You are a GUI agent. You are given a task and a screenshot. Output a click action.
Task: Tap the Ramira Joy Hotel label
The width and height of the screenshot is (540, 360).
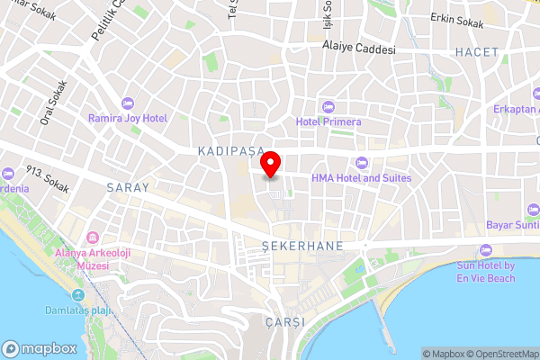pos(127,119)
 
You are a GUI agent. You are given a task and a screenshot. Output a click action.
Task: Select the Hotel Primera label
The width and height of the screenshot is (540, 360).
pos(328,121)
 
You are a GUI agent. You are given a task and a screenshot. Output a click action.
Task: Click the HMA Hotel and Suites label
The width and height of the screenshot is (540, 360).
pos(361,178)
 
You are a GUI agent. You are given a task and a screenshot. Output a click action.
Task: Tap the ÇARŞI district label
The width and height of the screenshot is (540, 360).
pos(286,321)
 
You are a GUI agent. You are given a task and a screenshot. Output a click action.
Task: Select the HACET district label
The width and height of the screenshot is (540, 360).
pos(476,52)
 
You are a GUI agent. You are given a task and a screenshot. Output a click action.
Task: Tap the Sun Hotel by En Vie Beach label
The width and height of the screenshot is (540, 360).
pos(485,273)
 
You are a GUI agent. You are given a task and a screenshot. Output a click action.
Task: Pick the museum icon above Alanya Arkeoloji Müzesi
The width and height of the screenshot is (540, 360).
pos(93,238)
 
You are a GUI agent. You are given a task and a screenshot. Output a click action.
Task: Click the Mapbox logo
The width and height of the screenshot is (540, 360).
pos(39,348)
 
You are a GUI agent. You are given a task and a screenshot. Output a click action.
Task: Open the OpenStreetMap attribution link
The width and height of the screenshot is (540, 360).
pos(499,354)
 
